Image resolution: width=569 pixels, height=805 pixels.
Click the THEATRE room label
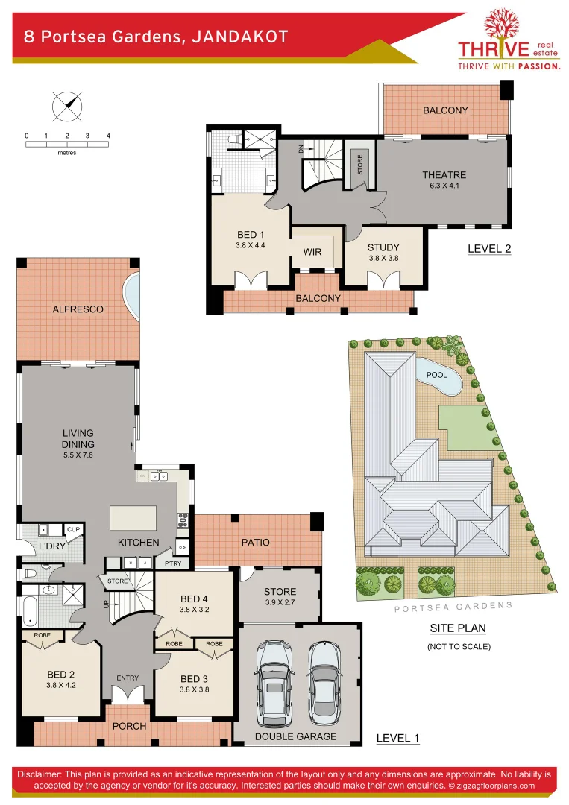(x=444, y=175)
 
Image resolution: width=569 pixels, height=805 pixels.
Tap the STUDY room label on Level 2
(x=383, y=247)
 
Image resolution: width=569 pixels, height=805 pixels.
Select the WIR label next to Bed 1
(x=312, y=252)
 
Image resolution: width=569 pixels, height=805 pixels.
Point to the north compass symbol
(x=67, y=105)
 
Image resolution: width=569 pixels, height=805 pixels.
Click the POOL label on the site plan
(x=436, y=375)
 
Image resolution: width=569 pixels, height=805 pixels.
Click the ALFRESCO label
(x=78, y=309)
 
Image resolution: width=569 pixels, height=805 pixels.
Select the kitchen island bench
(x=133, y=517)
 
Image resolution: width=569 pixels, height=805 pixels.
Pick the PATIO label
(x=255, y=542)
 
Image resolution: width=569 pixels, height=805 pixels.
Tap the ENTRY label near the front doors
(x=127, y=678)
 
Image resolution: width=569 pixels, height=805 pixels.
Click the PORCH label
(x=129, y=726)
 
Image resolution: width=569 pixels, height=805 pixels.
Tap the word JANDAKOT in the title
(x=239, y=37)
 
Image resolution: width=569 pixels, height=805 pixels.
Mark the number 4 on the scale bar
(x=109, y=136)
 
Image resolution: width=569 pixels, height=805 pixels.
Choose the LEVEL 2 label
(x=488, y=249)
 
